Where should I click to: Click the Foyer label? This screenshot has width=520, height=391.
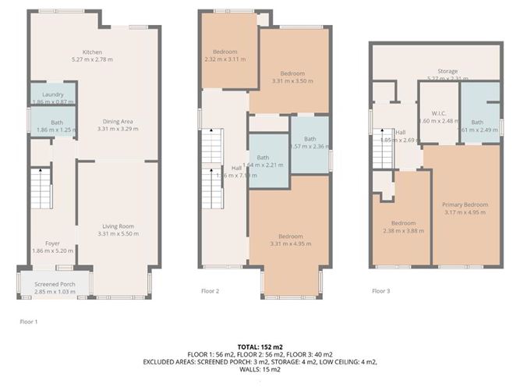[x=52, y=243]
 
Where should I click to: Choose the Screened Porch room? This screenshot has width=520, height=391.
[x=54, y=282]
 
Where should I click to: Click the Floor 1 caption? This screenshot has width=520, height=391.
[x=29, y=321]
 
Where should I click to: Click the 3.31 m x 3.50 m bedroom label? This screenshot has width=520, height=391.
[x=292, y=75]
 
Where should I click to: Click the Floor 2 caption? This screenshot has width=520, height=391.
[x=210, y=291]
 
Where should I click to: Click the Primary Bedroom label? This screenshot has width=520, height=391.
[x=465, y=206]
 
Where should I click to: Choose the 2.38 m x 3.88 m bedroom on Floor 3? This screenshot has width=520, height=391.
[x=402, y=226]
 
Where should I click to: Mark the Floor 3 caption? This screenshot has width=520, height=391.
[x=380, y=291]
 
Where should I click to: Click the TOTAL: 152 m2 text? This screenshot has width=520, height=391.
[x=260, y=346]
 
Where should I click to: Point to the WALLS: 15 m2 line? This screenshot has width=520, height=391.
[x=260, y=369]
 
